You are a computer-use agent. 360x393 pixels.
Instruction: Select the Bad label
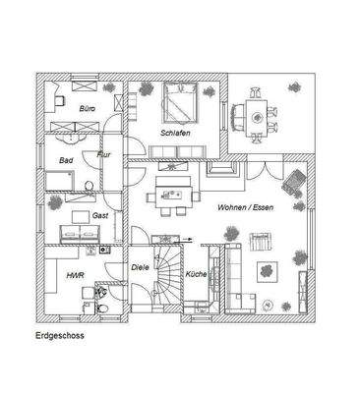pyautogui.click(x=66, y=159)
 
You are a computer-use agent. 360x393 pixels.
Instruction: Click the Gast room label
pyautogui.click(x=99, y=214)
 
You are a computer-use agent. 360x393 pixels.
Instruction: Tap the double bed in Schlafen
pyautogui.click(x=179, y=101)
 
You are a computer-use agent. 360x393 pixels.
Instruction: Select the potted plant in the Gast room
pyautogui.click(x=54, y=204)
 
